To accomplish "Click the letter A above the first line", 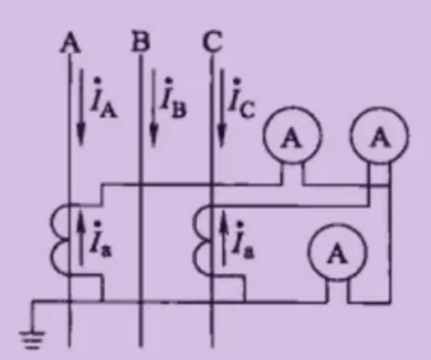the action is point(71,42).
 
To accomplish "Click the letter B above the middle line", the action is point(140,42).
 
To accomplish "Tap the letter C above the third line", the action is point(212,42).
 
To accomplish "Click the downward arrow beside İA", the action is point(81,107).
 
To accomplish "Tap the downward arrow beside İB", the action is point(154,108).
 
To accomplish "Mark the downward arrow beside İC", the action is point(222,108).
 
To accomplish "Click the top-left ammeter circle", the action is point(291,137).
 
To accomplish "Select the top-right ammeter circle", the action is point(379,137).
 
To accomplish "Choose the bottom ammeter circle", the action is point(337,253).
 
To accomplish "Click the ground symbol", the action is point(32,340).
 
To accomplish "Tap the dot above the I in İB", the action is point(169,80).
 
